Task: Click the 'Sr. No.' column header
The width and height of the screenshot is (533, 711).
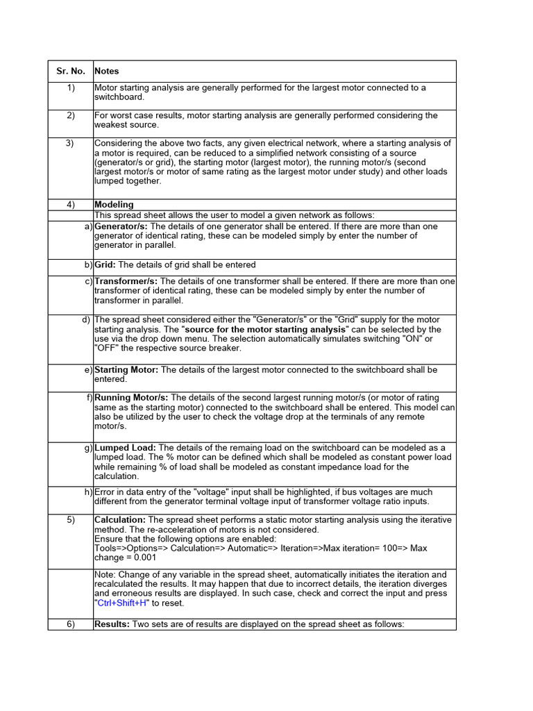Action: pyautogui.click(x=70, y=71)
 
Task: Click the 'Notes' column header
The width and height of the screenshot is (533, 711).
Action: pyautogui.click(x=107, y=71)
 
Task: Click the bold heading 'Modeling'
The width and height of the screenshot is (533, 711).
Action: pyautogui.click(x=114, y=205)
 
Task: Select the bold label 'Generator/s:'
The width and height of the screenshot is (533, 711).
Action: pyautogui.click(x=121, y=226)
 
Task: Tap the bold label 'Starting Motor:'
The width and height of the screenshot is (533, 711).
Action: pyautogui.click(x=126, y=370)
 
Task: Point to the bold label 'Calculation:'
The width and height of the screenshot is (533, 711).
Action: pyautogui.click(x=120, y=520)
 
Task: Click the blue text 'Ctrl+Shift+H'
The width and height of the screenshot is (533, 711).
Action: pyautogui.click(x=122, y=603)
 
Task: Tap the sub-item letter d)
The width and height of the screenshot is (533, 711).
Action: pyautogui.click(x=86, y=319)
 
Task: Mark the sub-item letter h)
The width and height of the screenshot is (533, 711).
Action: pyautogui.click(x=88, y=492)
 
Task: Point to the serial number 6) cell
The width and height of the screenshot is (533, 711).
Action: pyautogui.click(x=70, y=624)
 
